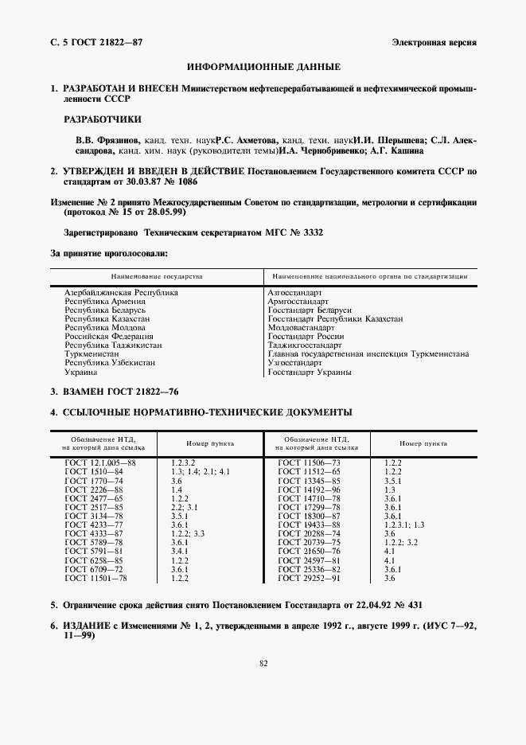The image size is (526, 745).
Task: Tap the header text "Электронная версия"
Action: [434, 41]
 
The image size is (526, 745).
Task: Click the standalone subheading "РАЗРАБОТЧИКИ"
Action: [103, 119]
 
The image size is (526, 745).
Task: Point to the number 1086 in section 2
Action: [164, 181]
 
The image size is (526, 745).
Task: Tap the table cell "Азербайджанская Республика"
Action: [121, 293]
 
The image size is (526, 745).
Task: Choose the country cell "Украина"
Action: [81, 372]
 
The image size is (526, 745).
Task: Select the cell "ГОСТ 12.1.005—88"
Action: [101, 462]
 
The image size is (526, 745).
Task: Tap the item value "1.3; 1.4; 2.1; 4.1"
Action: [201, 472]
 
